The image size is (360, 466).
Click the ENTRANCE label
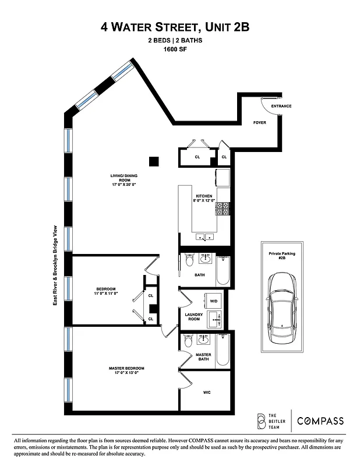[281, 106]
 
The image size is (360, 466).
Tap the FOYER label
[259, 123]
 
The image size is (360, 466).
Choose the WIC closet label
[206, 393]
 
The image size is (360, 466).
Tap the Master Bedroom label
[126, 370]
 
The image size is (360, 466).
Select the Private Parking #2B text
[282, 257]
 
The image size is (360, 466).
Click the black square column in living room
[154, 161]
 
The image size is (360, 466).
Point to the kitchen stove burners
[223, 208]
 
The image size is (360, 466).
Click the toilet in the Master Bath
[188, 344]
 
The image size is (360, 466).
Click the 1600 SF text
[179, 50]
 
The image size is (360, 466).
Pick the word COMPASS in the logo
[320, 421]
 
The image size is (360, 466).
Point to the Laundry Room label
[193, 317]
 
